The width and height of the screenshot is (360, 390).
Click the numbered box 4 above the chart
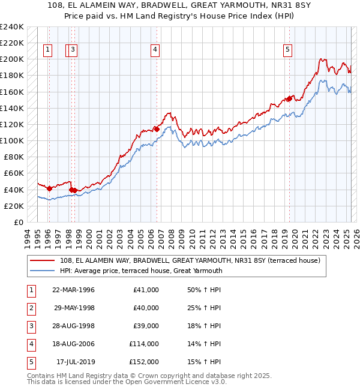155,50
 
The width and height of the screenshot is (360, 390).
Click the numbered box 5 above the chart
288,50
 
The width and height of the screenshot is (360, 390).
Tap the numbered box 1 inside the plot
47,50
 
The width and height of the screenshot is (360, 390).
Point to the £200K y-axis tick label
12,59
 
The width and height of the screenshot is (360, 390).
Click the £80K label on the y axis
14,157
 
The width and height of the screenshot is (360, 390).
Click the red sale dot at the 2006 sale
157,128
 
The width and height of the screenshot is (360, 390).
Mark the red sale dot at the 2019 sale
289,98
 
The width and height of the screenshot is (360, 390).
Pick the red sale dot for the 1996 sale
50,188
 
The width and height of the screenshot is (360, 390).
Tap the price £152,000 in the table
144,362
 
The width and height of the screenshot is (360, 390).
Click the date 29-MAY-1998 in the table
74,308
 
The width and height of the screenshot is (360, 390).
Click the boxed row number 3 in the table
30,326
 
